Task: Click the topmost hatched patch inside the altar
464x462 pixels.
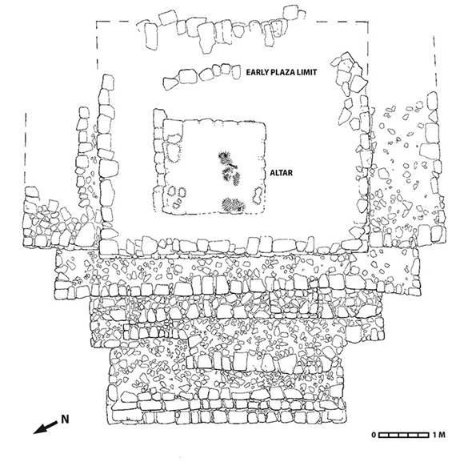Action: tap(222, 155)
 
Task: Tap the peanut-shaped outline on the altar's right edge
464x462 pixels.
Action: tap(258, 195)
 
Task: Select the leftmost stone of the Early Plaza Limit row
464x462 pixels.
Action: tap(170, 80)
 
